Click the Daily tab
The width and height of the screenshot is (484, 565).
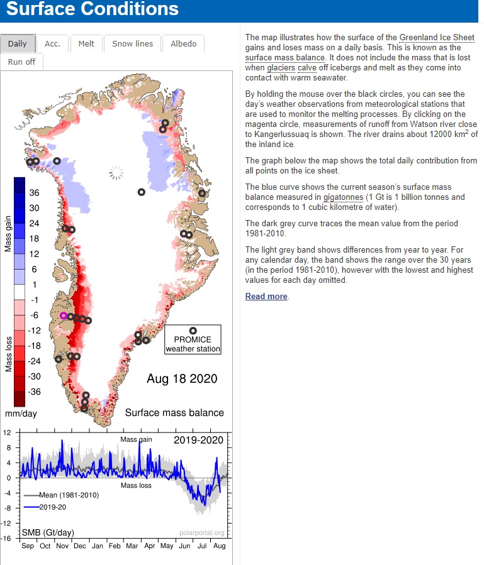coord(18,43)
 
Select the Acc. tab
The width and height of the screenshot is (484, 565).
coord(52,43)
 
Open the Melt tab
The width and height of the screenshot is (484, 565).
coord(86,43)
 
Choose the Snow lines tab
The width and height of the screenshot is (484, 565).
coord(132,43)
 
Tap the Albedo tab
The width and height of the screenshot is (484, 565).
coord(183,43)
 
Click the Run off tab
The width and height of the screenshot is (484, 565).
coord(22,62)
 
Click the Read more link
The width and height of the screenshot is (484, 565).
coord(266,296)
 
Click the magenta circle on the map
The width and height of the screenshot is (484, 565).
coord(63,315)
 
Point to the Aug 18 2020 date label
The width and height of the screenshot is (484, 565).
coord(182,378)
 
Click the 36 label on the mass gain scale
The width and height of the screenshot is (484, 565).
coord(34,192)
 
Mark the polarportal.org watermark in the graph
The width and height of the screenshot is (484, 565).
coord(201,533)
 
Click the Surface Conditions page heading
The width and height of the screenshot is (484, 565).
coord(92,9)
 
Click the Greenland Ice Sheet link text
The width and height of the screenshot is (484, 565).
coord(437,38)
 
